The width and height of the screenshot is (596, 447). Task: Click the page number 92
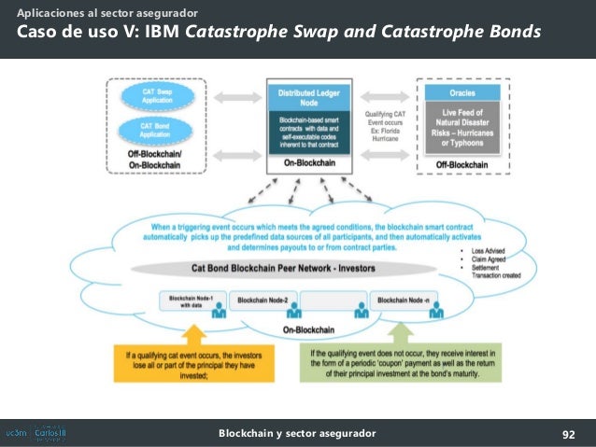click(x=567, y=434)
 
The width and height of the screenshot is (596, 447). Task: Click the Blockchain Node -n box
click(x=401, y=300)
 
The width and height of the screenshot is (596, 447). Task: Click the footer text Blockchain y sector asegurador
click(x=297, y=434)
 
